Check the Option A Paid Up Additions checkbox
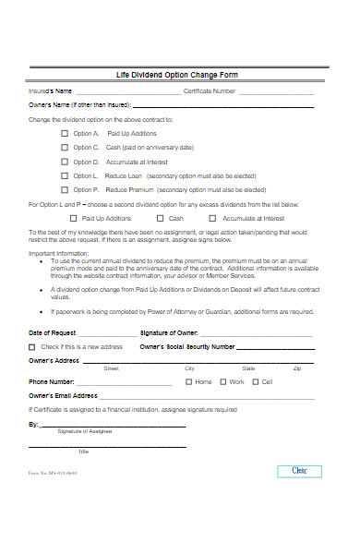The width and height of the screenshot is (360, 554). point(65,133)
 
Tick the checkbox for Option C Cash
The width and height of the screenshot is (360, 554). point(65,147)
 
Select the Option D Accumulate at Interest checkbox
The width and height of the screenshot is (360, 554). point(65,161)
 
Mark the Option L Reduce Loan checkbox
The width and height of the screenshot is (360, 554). point(65,175)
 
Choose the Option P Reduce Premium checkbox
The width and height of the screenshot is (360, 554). point(65,188)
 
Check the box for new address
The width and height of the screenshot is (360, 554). point(33,346)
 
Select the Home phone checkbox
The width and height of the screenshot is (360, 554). point(188,381)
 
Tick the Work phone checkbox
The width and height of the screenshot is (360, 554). point(222,381)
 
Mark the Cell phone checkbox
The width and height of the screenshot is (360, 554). point(256,381)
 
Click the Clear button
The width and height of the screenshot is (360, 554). point(300,471)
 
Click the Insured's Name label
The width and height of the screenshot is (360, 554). point(50,91)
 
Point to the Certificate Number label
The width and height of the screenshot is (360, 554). point(210,91)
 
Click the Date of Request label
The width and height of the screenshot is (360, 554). point(53,331)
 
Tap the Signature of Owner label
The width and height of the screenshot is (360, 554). point(169,331)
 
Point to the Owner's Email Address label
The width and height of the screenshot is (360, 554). point(64,394)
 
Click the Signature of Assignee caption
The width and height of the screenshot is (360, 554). point(85,431)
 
